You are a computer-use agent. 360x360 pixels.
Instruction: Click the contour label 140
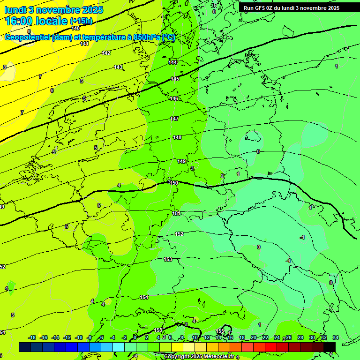coord(75,29)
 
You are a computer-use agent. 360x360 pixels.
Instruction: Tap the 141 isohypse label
coord(84,44)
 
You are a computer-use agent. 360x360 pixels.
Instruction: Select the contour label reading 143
coord(118,67)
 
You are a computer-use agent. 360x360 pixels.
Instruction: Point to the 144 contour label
coord(173,62)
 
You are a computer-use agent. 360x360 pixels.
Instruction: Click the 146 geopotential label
coord(174,99)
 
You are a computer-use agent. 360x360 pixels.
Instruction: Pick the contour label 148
coord(177,137)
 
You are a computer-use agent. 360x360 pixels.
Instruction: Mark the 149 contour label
coord(182,161)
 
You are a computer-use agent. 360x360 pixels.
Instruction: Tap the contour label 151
coord(176,213)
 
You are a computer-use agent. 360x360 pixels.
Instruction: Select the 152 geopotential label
coord(179,234)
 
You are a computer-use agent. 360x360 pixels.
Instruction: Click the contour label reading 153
coord(168,259)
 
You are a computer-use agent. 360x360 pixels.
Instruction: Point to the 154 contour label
coord(144,297)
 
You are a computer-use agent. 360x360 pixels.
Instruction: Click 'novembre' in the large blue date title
coord(61,10)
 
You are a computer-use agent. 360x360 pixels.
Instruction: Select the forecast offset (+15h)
coord(81,22)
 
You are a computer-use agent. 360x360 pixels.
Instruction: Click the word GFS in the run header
coord(260,8)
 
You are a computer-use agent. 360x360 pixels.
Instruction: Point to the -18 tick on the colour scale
coord(32,337)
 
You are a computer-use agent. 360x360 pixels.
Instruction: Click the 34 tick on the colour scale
coord(336,337)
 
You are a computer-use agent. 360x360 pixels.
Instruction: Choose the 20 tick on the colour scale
coord(254,337)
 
